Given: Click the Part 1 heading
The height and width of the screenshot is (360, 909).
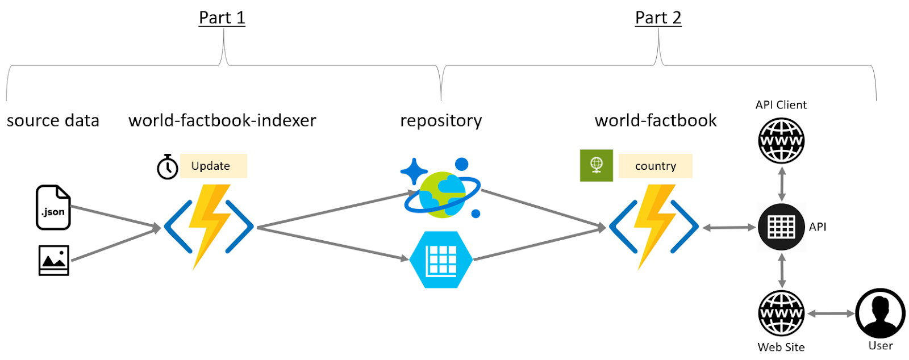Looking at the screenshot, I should [222, 18].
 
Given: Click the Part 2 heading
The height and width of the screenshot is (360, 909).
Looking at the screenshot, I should [658, 18].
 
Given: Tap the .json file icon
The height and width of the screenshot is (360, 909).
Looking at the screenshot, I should [53, 207].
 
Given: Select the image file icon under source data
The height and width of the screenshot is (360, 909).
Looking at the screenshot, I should [54, 261].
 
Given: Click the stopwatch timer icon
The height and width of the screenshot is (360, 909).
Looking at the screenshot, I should [168, 167].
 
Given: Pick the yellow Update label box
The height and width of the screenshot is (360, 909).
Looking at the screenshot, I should [213, 166].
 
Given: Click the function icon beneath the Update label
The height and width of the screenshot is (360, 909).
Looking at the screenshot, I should [209, 227].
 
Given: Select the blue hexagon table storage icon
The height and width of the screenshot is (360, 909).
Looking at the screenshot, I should [441, 259].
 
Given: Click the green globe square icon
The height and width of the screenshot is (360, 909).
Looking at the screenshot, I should [596, 165].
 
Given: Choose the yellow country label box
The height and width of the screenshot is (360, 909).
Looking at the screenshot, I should [655, 166].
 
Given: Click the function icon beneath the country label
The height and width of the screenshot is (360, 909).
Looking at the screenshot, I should [653, 227].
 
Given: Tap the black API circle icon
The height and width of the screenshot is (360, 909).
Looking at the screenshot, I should [781, 227].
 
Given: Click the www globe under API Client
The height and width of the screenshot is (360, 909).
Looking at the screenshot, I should [781, 141].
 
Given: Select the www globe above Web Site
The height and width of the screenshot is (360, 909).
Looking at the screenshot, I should [781, 313].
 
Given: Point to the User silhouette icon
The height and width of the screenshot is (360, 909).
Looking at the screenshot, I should [880, 313].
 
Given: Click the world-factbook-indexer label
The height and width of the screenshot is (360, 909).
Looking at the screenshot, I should [222, 120].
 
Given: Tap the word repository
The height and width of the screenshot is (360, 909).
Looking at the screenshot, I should [441, 120].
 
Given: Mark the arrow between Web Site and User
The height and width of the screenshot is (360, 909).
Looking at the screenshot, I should [831, 313].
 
